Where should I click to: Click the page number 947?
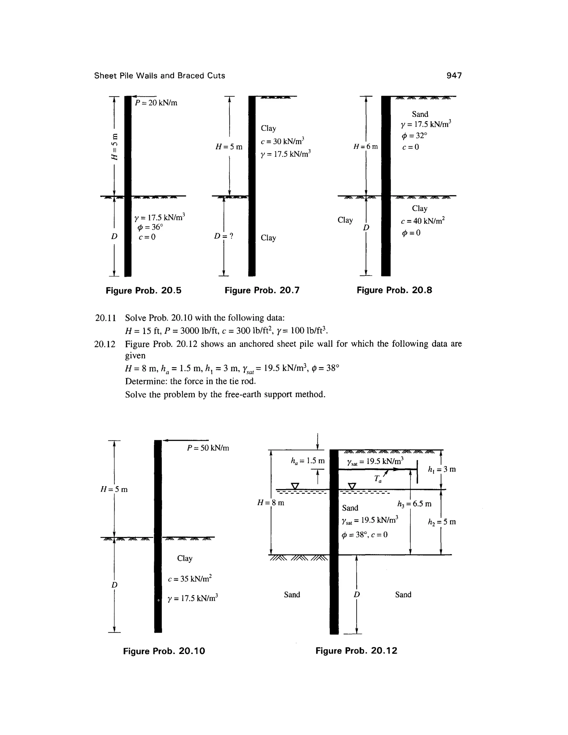[454, 76]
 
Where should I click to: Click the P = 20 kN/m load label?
[156, 103]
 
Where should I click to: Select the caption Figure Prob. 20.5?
[143, 290]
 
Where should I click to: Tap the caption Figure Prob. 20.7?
[262, 290]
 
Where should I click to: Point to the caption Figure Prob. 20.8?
[394, 290]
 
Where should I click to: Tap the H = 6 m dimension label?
[366, 147]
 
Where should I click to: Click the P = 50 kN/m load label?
[208, 448]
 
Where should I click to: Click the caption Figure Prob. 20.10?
[164, 651]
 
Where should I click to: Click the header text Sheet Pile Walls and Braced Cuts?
[159, 76]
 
